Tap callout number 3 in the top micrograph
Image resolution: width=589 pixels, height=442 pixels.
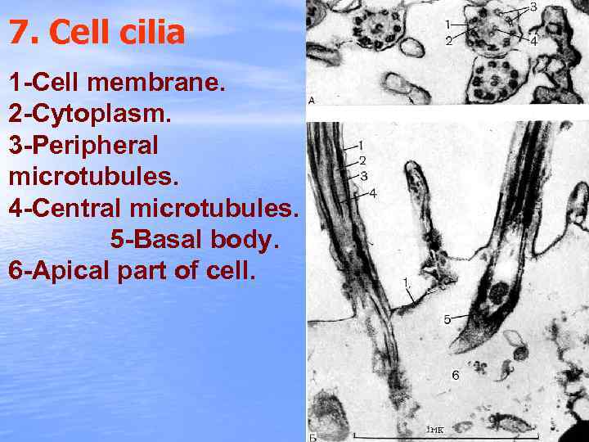point(533,7)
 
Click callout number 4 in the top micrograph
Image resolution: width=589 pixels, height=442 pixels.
point(533,39)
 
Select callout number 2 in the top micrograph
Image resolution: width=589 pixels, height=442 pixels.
point(449,40)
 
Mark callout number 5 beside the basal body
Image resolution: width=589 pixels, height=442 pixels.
point(447,319)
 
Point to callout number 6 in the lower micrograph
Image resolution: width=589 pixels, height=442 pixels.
point(456,376)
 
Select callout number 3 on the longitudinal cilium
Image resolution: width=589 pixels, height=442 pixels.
point(364,175)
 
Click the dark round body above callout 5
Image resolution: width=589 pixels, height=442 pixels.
point(498,292)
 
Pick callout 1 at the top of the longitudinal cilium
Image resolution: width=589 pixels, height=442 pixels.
point(361,145)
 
